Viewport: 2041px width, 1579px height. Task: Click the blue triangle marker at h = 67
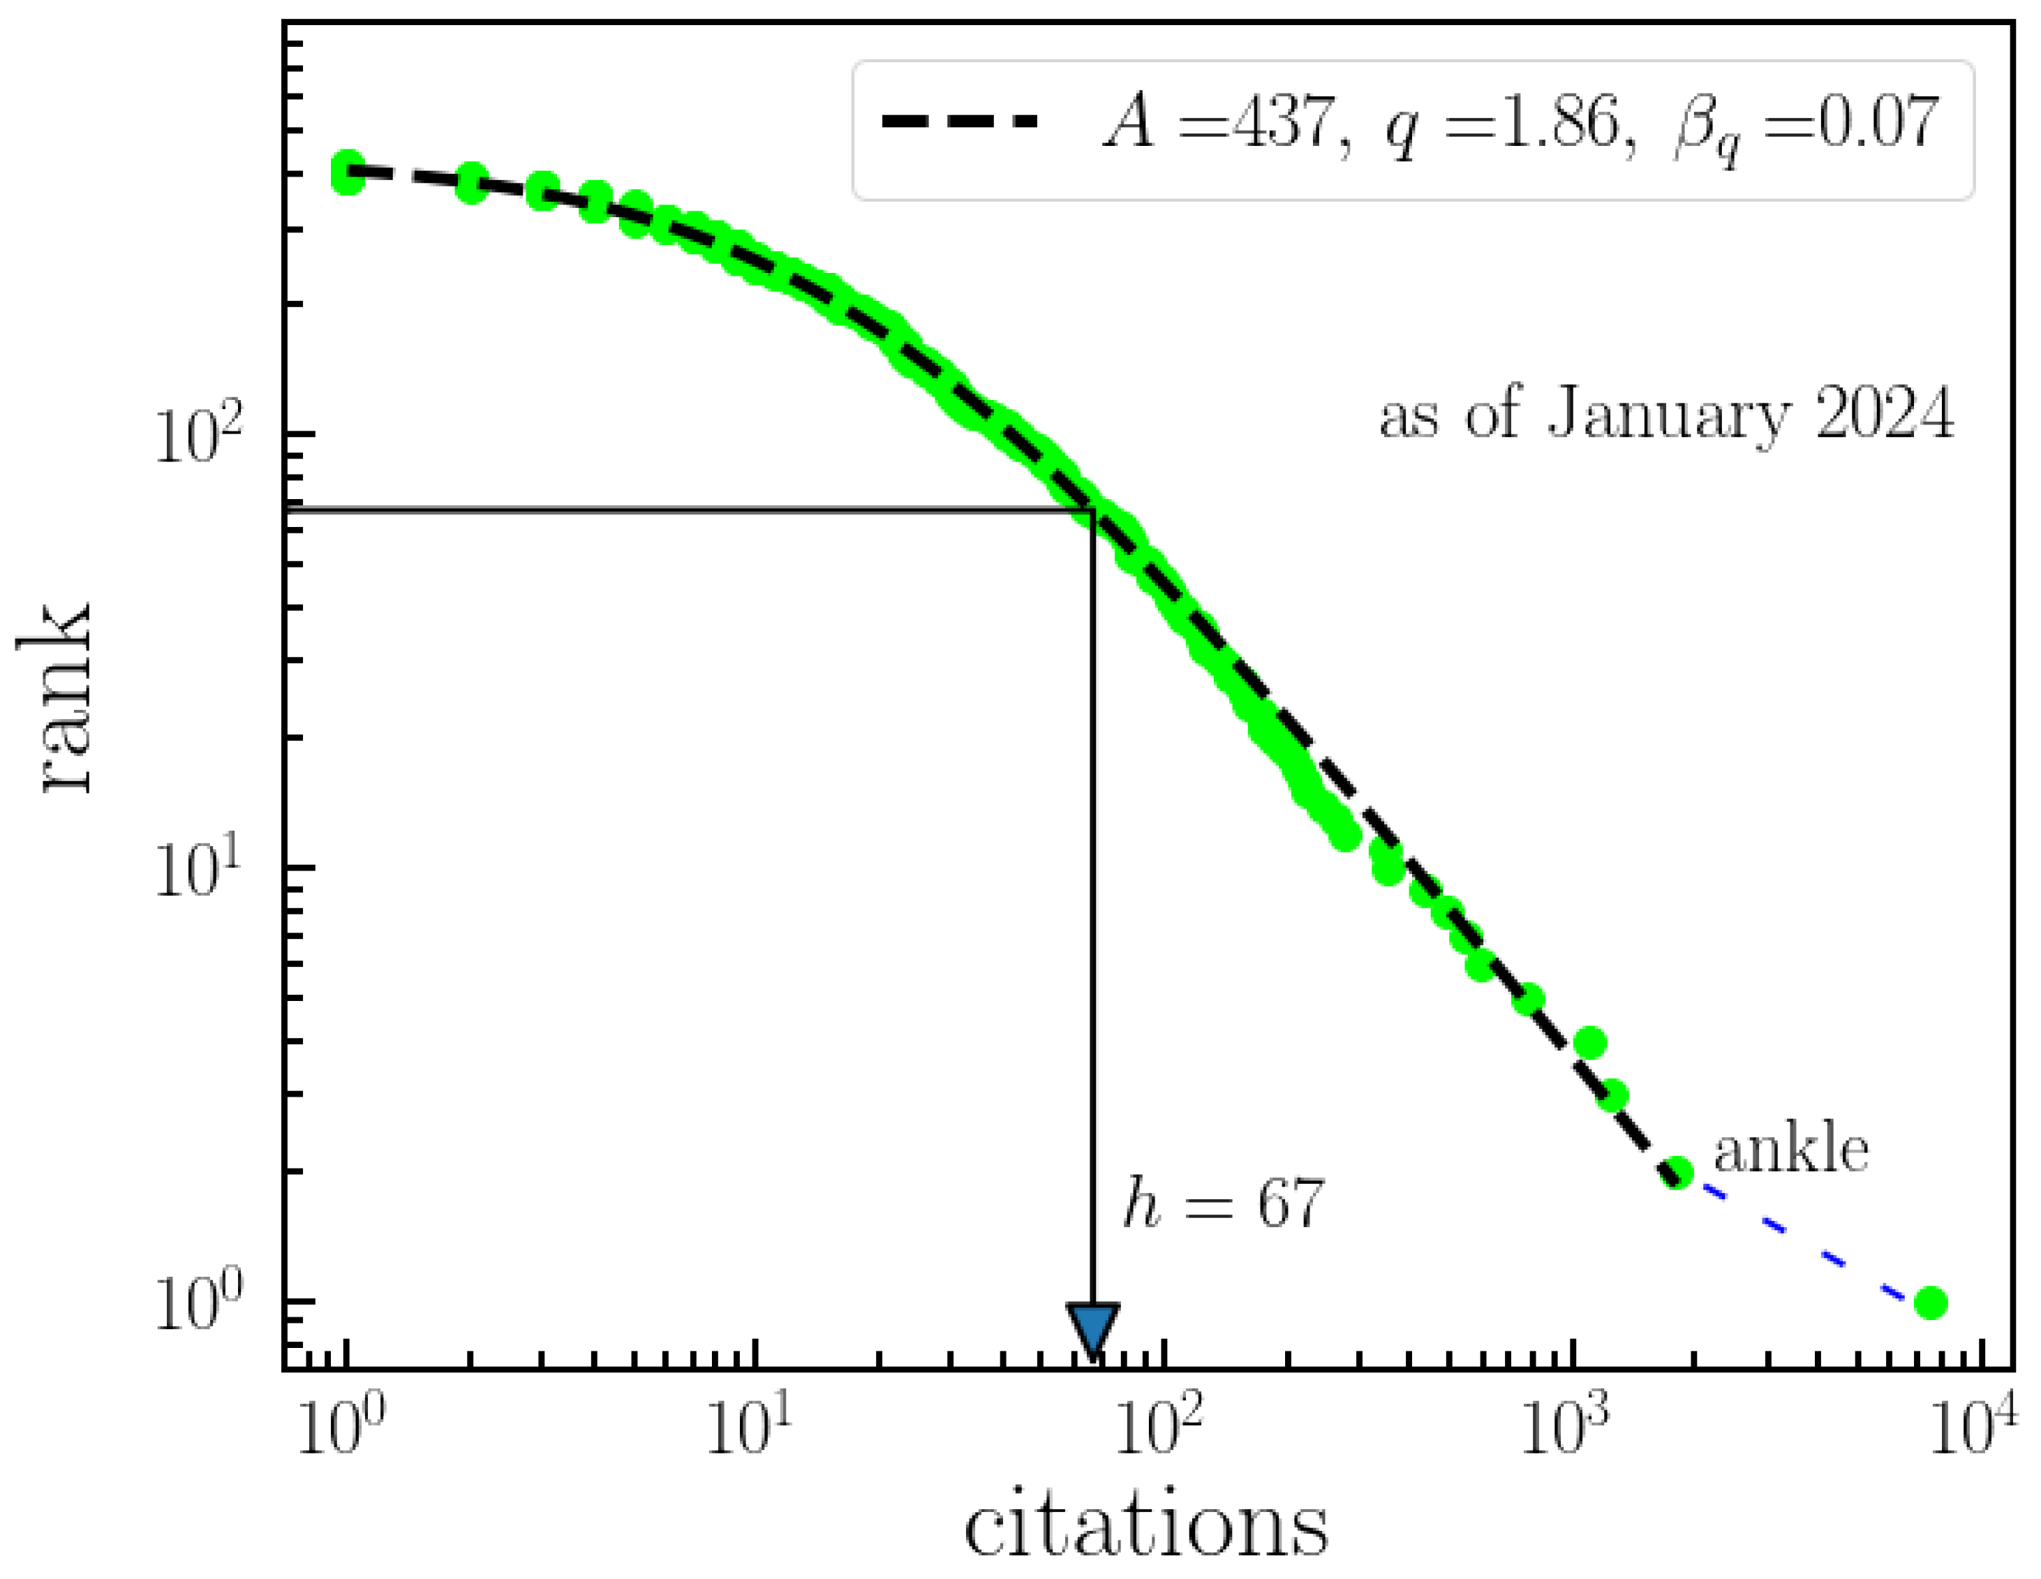[1092, 1328]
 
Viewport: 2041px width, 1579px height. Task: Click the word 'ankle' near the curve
[1790, 1151]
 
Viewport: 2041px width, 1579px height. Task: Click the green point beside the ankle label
[1677, 1171]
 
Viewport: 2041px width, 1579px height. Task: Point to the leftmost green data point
[348, 174]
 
